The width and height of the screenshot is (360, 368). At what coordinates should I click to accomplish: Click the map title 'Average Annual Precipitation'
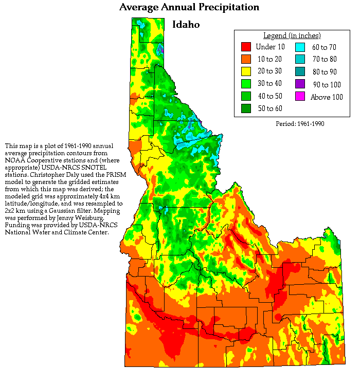point(189,7)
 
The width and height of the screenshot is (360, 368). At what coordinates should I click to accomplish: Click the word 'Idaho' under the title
point(186,24)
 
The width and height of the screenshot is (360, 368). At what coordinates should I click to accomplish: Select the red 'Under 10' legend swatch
point(246,47)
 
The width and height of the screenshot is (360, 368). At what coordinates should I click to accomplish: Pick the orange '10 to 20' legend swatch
point(246,59)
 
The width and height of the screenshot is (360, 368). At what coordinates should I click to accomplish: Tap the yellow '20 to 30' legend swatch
point(246,71)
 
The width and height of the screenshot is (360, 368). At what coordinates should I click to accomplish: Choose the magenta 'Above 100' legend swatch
point(300,96)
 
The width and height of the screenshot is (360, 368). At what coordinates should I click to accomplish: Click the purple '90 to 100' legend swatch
point(300,84)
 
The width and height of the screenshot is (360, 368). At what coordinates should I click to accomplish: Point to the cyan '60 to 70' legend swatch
point(300,47)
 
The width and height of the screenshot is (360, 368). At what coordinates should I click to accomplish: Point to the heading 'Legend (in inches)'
point(292,35)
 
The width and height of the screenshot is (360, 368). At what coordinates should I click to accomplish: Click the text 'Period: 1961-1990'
point(300,124)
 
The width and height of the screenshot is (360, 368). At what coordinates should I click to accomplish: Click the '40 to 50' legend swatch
point(246,96)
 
